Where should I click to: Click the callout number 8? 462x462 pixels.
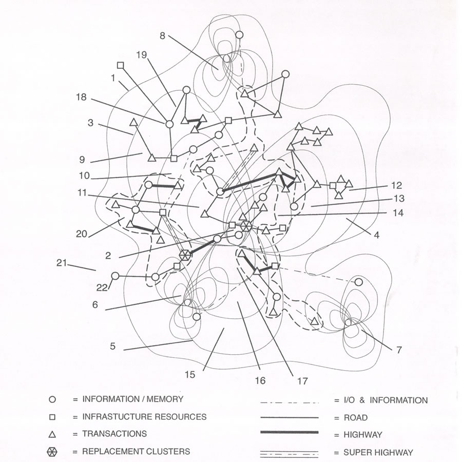click(162, 36)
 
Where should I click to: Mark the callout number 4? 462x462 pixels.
click(377, 236)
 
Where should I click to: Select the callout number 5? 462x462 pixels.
click(112, 346)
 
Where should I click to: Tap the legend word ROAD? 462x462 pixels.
click(355, 418)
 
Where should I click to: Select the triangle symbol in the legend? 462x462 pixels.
click(52, 434)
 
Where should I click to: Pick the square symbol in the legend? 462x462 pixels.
click(52, 417)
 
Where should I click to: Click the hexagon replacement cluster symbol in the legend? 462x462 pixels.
click(52, 452)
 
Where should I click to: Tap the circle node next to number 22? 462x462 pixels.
click(115, 276)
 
